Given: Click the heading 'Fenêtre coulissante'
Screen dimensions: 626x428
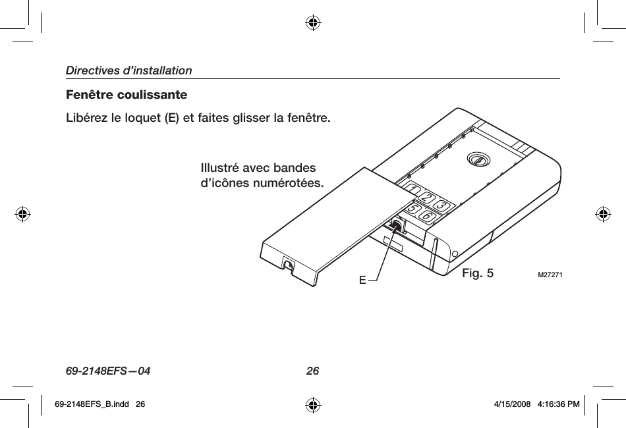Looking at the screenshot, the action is pos(126,95).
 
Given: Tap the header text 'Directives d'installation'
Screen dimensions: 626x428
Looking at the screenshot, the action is pos(128,70).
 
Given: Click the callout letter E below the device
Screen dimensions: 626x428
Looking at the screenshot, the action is pos(362,281).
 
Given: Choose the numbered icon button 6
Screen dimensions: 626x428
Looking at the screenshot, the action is pos(428,215).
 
